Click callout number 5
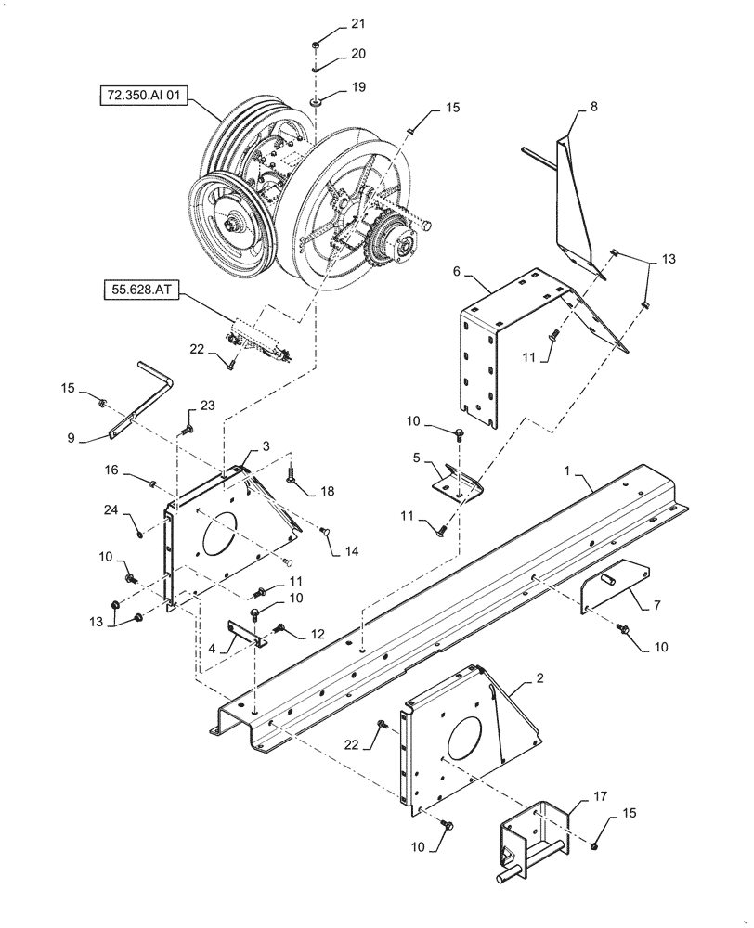click(x=418, y=458)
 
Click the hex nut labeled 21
click(x=317, y=44)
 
